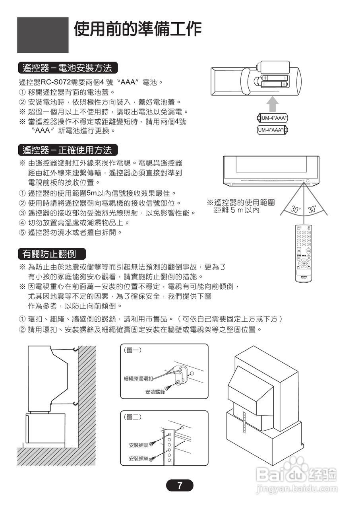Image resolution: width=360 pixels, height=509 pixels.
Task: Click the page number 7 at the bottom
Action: [x=180, y=485]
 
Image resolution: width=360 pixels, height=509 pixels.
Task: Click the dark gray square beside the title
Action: [x=43, y=35]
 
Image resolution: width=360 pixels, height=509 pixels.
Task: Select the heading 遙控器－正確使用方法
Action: [x=67, y=150]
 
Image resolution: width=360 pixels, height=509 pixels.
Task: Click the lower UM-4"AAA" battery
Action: [x=272, y=130]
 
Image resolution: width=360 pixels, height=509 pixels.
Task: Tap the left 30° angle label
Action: [x=295, y=209]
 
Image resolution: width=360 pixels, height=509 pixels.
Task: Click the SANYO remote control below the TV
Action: [x=304, y=253]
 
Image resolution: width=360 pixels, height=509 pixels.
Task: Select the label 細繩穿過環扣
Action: [x=138, y=378]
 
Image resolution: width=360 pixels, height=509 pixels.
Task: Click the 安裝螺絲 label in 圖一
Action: [x=155, y=392]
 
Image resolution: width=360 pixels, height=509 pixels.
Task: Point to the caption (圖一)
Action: [x=134, y=350]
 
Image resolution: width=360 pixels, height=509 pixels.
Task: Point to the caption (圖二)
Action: [x=134, y=417]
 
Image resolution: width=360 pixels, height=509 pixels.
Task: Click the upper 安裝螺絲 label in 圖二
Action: [x=139, y=445]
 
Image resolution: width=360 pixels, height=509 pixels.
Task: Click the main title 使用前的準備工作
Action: [x=138, y=29]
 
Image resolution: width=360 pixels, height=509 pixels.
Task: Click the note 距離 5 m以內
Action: [x=237, y=210]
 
